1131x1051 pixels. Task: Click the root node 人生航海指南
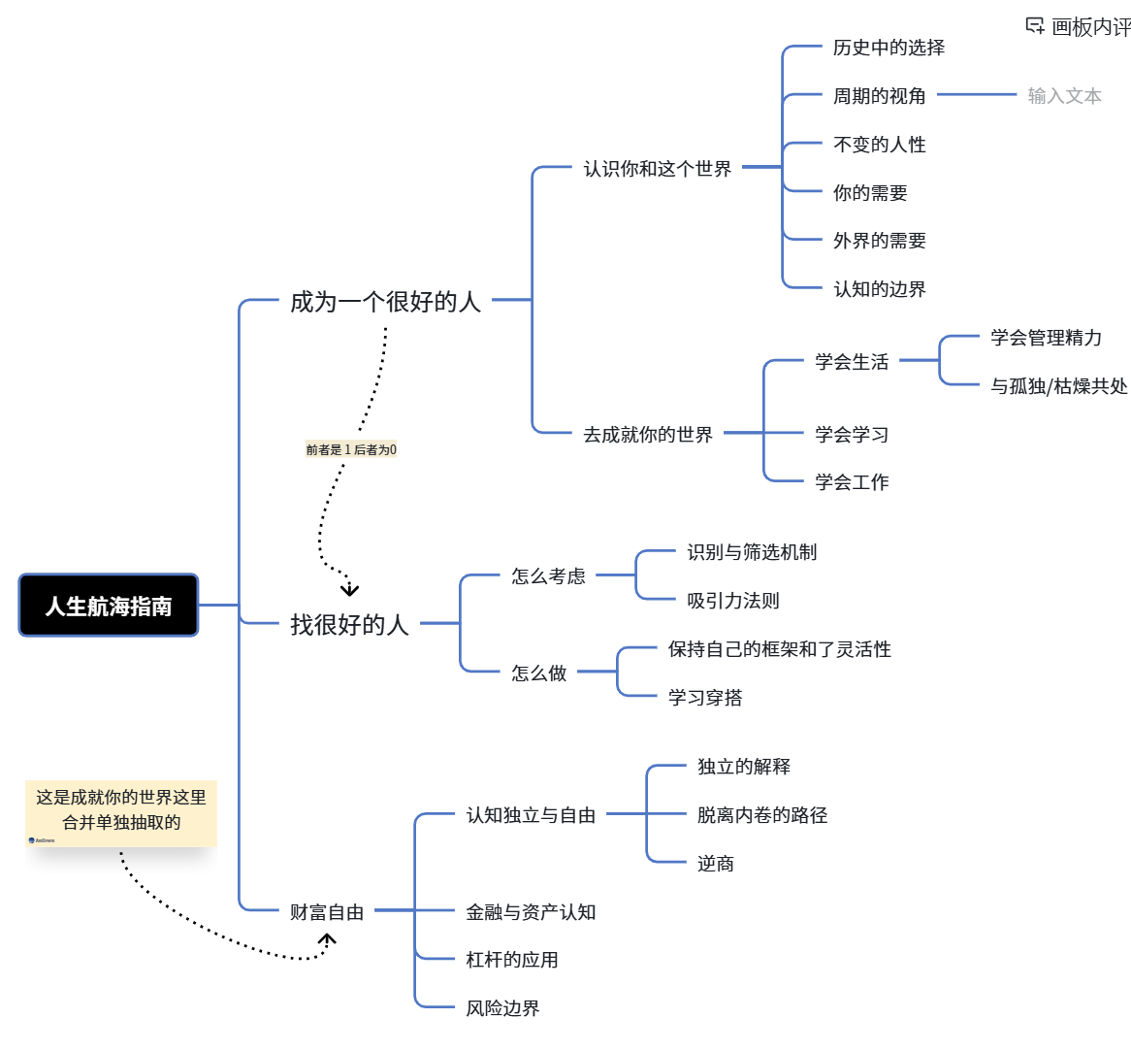click(109, 606)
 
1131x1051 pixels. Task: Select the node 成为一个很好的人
click(385, 302)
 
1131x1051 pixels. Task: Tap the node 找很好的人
click(349, 624)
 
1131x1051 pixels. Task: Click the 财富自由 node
click(327, 911)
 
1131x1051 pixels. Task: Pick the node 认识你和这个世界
click(657, 169)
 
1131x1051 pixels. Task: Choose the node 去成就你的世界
click(647, 435)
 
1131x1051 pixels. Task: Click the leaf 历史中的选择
click(889, 48)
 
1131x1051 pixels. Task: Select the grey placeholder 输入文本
click(1064, 96)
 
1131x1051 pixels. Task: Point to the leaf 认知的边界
click(879, 289)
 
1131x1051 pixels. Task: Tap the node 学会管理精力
click(1046, 338)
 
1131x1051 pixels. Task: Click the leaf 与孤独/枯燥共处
click(1058, 386)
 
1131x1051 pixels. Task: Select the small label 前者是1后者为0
click(351, 449)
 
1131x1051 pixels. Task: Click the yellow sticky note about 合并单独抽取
click(121, 812)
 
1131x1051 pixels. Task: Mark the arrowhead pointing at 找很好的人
click(350, 589)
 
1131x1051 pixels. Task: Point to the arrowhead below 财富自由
click(328, 939)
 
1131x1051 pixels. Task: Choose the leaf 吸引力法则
click(732, 601)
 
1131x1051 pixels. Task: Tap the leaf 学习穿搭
click(705, 698)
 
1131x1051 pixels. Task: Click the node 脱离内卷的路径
click(762, 815)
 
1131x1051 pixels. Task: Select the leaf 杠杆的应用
click(511, 960)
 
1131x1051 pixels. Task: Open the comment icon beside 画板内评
click(1035, 26)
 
